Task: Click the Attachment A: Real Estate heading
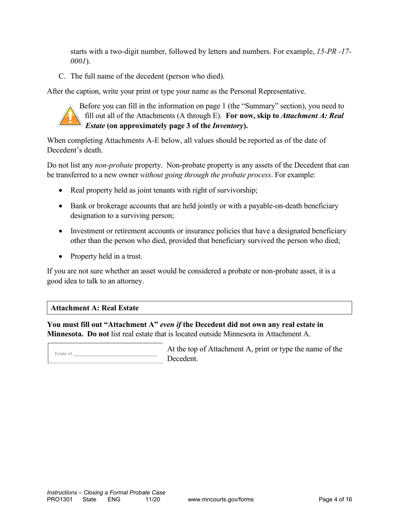click(94, 308)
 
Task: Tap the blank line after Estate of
click(115, 354)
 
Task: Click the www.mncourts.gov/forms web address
click(220, 499)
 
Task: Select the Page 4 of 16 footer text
click(335, 499)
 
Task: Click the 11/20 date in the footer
click(152, 499)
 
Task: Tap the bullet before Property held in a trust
click(61, 256)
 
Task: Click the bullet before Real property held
click(61, 190)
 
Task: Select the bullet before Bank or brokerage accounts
click(61, 206)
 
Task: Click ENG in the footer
click(114, 499)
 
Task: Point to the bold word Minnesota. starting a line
click(63, 334)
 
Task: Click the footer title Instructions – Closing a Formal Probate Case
click(106, 492)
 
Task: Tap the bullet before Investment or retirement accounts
click(61, 231)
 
